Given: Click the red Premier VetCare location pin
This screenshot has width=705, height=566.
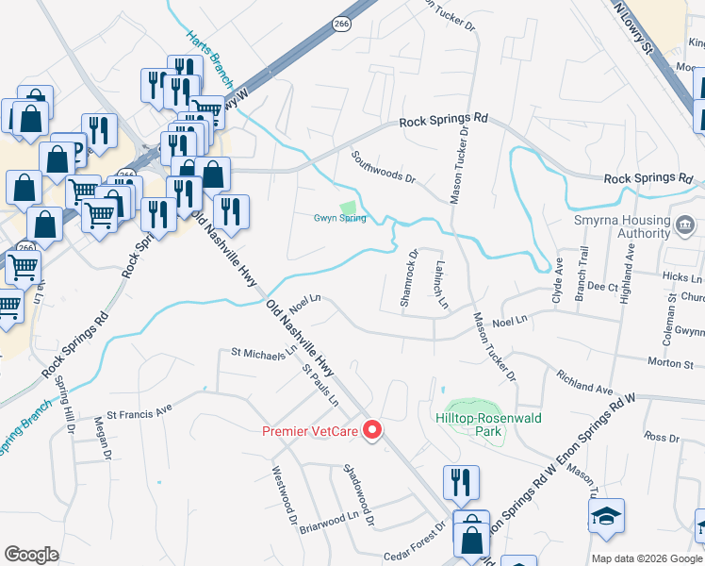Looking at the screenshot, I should (371, 431).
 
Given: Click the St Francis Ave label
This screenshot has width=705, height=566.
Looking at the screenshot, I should (139, 412).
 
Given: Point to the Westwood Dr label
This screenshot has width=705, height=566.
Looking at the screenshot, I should (285, 494).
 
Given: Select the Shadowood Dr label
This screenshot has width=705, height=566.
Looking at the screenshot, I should (359, 494).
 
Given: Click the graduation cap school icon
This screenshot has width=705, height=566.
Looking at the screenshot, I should (607, 517).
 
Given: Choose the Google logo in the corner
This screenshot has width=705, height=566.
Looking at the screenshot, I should (31, 555).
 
